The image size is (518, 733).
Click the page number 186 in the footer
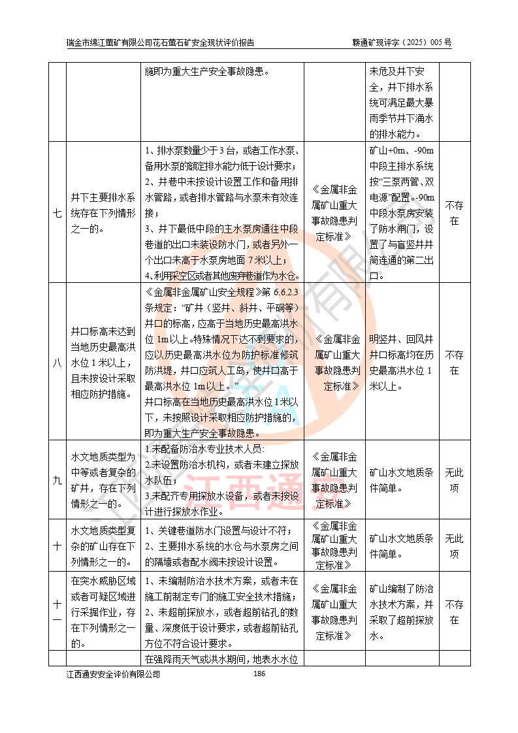[259, 674]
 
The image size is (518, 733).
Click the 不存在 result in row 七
[454, 212]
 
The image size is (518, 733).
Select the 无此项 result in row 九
[454, 480]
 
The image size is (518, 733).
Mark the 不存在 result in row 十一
[454, 611]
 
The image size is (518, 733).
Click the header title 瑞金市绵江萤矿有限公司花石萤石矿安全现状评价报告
[161, 42]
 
